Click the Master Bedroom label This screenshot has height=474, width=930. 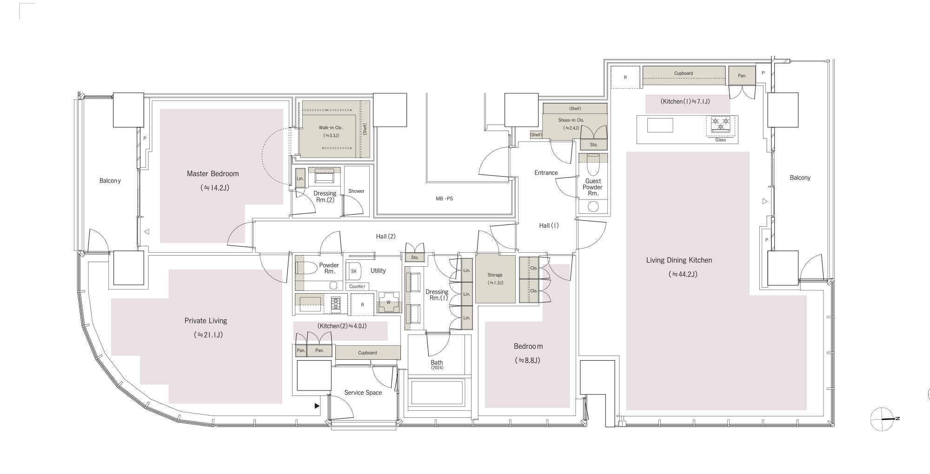click(213, 174)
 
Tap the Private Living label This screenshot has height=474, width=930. click(206, 321)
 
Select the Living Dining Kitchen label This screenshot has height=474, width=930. click(679, 260)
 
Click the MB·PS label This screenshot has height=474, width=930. click(444, 199)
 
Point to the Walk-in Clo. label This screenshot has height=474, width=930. click(331, 128)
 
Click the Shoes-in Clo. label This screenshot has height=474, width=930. click(571, 120)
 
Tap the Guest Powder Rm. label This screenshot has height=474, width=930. click(593, 187)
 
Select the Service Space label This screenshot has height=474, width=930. click(363, 393)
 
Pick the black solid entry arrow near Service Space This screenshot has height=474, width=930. click(317, 406)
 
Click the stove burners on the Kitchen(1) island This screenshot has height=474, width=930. click(721, 124)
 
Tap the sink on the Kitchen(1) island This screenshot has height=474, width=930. click(660, 125)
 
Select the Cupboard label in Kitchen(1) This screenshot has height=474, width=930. click(684, 73)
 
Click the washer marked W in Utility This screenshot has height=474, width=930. click(389, 302)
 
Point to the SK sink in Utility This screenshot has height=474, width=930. click(354, 271)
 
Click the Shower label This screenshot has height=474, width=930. click(357, 191)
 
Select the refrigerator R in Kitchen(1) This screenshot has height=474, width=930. click(625, 77)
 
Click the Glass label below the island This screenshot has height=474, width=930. click(721, 140)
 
